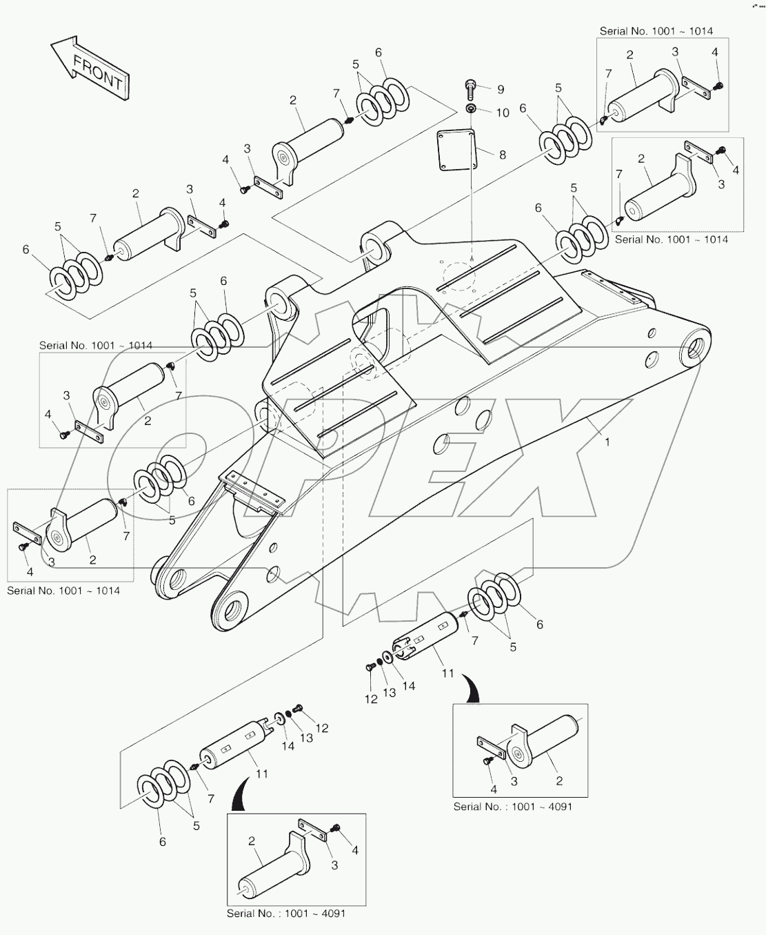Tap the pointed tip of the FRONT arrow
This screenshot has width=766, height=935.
coord(52,46)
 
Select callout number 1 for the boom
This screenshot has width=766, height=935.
coord(607,442)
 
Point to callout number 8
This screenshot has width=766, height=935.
coord(502,155)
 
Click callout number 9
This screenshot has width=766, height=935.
coord(500,89)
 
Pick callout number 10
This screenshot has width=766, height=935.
coord(503,112)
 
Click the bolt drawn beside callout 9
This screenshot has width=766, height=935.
coord(470,88)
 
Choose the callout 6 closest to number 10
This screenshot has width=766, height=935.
coord(523,108)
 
